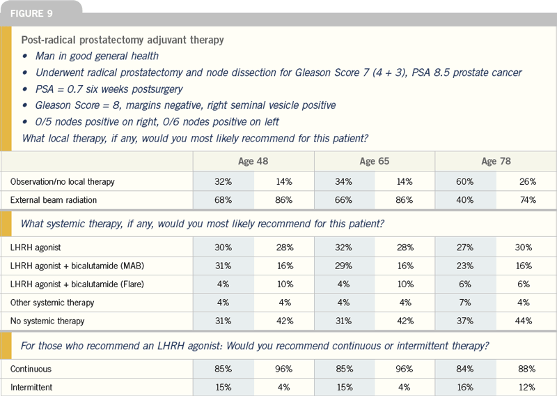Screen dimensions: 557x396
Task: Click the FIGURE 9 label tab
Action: tap(31, 13)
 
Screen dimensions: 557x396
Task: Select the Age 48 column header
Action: tap(253, 161)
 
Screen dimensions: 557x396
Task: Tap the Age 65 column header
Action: tap(375, 161)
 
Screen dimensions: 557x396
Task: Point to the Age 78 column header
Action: tap(496, 161)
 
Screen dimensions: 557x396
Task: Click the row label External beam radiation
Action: tap(54, 200)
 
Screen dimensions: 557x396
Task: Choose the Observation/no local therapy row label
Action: tap(62, 182)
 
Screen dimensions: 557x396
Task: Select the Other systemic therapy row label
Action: tap(52, 303)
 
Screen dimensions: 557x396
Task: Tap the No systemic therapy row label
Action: tap(47, 321)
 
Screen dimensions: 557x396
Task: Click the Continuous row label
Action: tap(31, 369)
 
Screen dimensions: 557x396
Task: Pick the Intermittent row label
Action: tap(31, 387)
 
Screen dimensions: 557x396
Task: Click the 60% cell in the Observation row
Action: tap(465, 182)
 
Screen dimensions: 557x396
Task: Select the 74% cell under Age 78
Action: tap(528, 200)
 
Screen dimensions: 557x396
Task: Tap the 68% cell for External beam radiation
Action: tap(223, 200)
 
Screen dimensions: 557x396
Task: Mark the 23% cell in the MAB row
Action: tap(465, 266)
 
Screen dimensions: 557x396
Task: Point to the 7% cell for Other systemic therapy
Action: tap(465, 303)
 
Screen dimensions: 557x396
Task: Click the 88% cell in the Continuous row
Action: tap(527, 369)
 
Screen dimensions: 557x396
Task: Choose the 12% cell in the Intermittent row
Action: tap(527, 387)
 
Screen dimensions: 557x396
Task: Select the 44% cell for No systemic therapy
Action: tap(524, 321)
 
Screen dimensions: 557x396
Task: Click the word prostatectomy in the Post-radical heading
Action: tap(110, 40)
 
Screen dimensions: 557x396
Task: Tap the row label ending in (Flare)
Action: tap(77, 284)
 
